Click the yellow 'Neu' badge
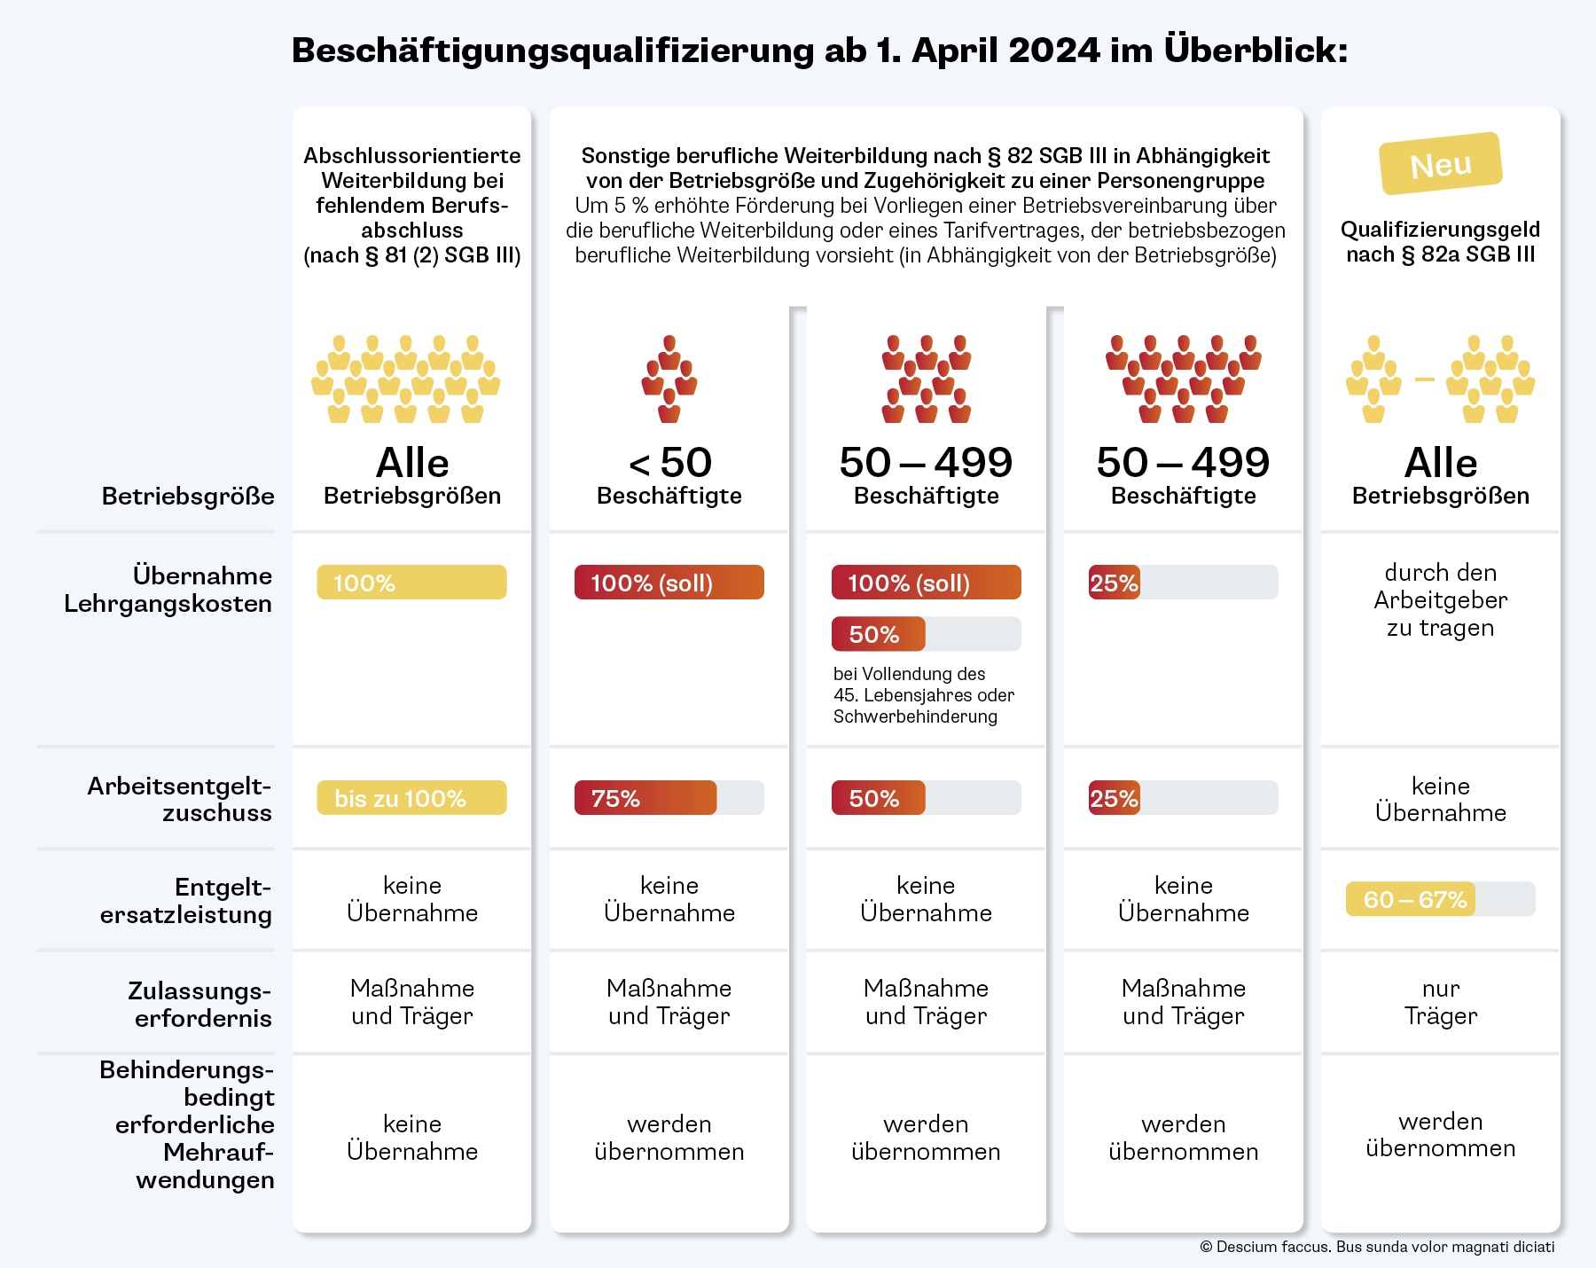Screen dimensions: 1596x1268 click(1441, 164)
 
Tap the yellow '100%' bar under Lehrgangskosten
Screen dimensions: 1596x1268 click(411, 583)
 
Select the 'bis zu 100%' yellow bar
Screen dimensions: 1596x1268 click(411, 798)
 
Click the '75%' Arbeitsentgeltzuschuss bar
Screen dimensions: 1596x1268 click(645, 798)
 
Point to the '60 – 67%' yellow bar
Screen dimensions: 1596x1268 click(1411, 899)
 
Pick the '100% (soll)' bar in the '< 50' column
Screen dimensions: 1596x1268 click(669, 583)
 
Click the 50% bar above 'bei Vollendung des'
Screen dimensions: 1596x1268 click(879, 634)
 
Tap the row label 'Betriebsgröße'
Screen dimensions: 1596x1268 click(188, 496)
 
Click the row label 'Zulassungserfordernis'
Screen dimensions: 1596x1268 click(200, 1004)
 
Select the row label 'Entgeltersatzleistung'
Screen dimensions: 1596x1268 click(186, 901)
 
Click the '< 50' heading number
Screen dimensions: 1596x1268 click(669, 463)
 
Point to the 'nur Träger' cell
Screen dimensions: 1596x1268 click(1441, 1002)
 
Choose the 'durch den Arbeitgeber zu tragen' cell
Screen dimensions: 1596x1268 click(1441, 600)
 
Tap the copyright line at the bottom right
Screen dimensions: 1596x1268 click(1377, 1247)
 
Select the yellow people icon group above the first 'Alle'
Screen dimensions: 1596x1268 click(406, 379)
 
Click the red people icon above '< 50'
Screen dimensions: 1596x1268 click(669, 379)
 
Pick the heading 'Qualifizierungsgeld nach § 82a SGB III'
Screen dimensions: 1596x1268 click(1441, 242)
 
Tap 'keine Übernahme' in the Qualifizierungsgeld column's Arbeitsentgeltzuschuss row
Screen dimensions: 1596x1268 click(1441, 799)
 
